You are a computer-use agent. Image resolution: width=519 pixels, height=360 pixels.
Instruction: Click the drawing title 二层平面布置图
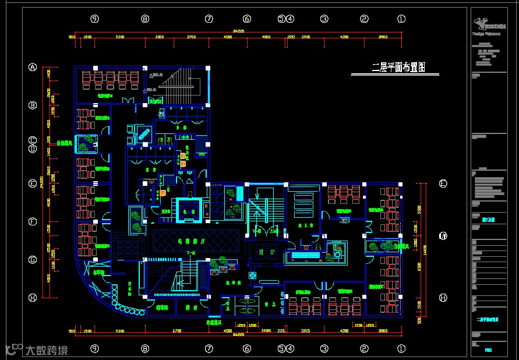click(398, 68)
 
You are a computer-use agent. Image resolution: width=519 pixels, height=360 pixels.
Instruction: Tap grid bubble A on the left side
click(33, 68)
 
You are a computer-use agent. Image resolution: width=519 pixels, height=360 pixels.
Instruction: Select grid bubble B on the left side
click(33, 105)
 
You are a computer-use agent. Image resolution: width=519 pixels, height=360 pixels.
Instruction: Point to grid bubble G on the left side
click(33, 259)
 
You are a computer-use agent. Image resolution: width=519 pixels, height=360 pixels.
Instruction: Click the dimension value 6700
click(176, 331)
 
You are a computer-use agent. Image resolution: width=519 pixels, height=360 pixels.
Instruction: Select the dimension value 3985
click(266, 331)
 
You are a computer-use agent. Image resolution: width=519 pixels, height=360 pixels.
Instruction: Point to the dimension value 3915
click(305, 331)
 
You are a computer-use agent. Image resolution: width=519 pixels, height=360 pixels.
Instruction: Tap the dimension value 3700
click(192, 37)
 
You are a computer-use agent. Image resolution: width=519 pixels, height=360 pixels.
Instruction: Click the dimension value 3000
click(160, 37)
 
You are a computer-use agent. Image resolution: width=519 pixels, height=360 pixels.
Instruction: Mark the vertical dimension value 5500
click(418, 208)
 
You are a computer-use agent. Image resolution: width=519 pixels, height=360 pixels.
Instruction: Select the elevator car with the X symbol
click(188, 209)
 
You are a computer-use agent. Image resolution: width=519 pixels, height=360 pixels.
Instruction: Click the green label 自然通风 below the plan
click(214, 322)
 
